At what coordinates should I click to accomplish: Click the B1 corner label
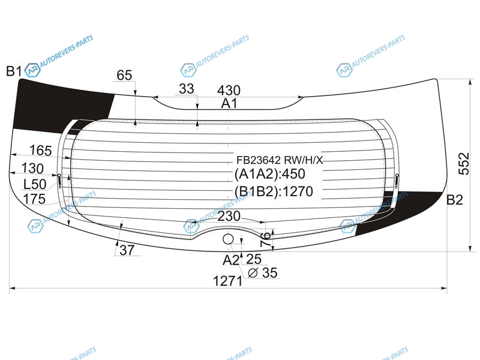(14, 71)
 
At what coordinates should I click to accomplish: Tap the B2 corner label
(455, 200)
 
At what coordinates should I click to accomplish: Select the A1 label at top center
(229, 104)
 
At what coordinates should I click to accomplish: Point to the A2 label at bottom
(230, 260)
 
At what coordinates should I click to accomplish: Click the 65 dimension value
(124, 75)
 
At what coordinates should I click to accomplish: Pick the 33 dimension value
(187, 89)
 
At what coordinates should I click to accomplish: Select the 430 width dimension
(229, 91)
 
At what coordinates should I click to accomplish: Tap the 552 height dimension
(464, 163)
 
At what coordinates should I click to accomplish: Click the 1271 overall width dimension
(227, 281)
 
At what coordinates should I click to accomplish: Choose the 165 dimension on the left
(40, 151)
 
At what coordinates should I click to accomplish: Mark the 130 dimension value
(32, 169)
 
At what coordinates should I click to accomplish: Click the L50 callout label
(35, 184)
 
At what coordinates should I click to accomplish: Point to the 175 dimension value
(34, 199)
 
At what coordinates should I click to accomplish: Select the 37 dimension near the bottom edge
(127, 250)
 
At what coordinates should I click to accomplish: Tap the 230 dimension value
(229, 216)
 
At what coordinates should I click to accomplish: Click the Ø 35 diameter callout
(262, 273)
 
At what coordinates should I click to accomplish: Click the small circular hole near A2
(228, 239)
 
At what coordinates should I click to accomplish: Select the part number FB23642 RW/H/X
(280, 160)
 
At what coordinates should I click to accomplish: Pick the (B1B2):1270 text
(274, 191)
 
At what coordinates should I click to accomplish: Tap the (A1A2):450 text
(269, 174)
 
